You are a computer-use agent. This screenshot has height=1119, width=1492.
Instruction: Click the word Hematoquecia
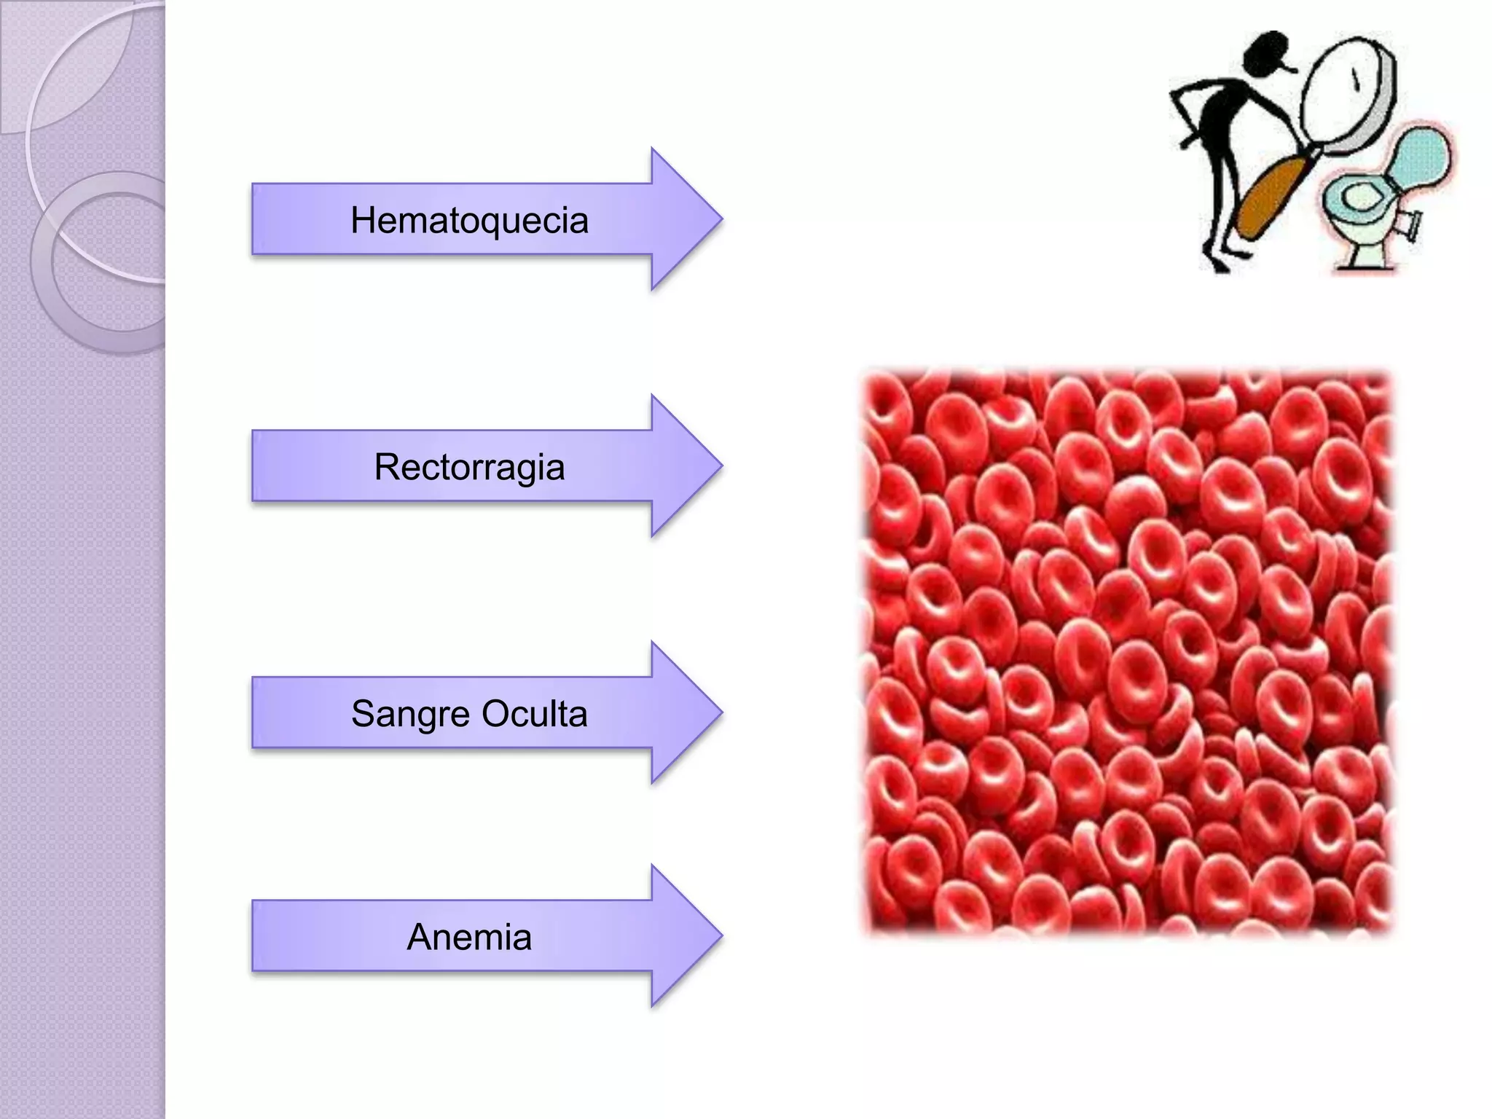pos(469,220)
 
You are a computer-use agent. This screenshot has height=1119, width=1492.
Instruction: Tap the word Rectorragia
pos(469,468)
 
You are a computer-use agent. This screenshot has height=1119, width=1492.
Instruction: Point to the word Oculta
pos(534,713)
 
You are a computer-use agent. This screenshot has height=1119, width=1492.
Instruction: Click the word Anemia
pos(469,937)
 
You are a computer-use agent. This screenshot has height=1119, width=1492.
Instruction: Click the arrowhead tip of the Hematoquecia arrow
pos(722,218)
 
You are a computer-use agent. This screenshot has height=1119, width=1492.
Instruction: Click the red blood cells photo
pos(1128,652)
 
